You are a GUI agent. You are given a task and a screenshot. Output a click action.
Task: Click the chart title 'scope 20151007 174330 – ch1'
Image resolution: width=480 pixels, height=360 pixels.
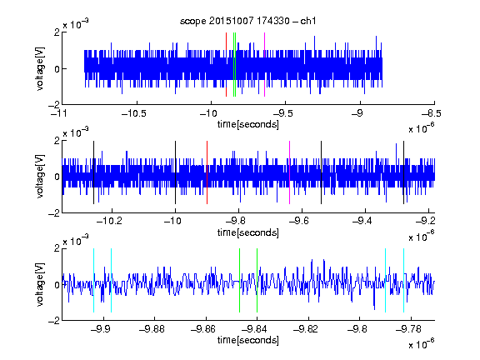(x=247, y=21)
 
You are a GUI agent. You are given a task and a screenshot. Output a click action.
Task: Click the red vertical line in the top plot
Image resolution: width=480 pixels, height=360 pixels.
(x=226, y=64)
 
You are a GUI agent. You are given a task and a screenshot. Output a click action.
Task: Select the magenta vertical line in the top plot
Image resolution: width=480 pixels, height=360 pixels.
(x=264, y=64)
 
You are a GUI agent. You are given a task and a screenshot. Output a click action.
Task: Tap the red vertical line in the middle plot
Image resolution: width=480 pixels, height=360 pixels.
(x=207, y=172)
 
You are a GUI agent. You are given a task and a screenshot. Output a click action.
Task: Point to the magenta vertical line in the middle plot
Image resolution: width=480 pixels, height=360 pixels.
(x=290, y=172)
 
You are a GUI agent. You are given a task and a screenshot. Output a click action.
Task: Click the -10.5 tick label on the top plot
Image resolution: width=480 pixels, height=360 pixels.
(x=134, y=113)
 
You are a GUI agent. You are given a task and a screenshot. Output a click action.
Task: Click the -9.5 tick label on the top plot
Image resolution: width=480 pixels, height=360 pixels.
(x=282, y=113)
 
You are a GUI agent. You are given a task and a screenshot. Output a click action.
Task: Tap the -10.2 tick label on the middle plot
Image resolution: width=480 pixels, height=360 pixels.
(x=109, y=220)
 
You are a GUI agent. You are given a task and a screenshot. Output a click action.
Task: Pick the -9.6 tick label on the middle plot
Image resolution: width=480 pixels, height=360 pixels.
(x=299, y=220)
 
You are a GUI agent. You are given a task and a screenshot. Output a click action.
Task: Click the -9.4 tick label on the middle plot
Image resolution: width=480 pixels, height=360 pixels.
(x=362, y=220)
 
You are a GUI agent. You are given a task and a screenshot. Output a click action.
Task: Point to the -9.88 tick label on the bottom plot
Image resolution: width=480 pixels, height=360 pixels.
(x=152, y=329)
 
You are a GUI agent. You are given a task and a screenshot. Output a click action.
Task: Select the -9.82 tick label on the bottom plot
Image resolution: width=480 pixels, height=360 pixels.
(x=306, y=329)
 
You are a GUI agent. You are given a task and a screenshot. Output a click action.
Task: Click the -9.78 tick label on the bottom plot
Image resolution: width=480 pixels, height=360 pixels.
(x=408, y=329)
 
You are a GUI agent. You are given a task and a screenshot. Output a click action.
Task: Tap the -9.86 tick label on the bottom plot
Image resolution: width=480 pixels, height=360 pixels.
(x=203, y=329)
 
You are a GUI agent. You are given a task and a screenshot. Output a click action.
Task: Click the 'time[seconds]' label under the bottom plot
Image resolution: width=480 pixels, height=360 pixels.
(x=248, y=340)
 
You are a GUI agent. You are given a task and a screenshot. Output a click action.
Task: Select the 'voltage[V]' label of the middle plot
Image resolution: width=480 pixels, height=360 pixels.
(x=40, y=177)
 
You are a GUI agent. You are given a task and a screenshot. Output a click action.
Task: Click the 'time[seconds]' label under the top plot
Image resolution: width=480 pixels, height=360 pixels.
(x=248, y=124)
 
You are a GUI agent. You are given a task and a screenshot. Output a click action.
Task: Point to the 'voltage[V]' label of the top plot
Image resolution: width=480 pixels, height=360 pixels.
(x=40, y=68)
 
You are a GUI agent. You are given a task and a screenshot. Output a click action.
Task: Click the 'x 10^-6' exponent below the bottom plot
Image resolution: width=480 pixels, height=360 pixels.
(x=422, y=343)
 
